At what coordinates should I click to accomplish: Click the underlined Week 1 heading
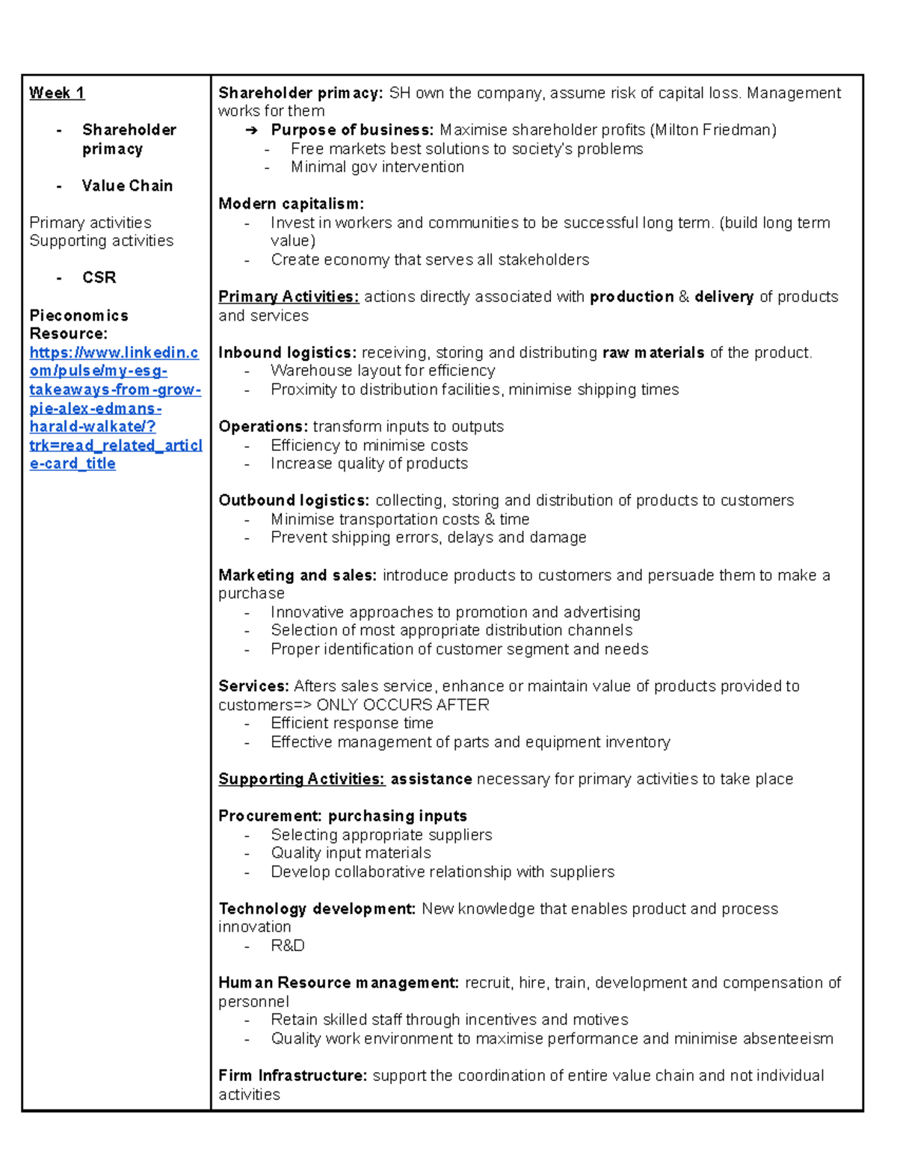pyautogui.click(x=57, y=93)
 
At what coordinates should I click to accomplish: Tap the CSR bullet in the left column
pyautogui.click(x=99, y=277)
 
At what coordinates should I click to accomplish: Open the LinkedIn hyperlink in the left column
pyautogui.click(x=114, y=407)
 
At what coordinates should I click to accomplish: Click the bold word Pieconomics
pyautogui.click(x=78, y=315)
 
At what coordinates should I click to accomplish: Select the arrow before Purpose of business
pyautogui.click(x=252, y=130)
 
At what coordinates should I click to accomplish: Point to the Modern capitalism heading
pyautogui.click(x=291, y=203)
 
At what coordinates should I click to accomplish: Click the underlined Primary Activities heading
pyautogui.click(x=289, y=297)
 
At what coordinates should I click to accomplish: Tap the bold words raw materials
pyautogui.click(x=653, y=352)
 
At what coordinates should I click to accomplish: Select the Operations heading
pyautogui.click(x=263, y=426)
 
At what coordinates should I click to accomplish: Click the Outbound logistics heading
pyautogui.click(x=294, y=500)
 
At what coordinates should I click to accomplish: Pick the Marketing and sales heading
pyautogui.click(x=298, y=575)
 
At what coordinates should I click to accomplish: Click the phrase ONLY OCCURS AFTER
pyautogui.click(x=403, y=705)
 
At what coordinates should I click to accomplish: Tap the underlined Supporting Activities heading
pyautogui.click(x=301, y=779)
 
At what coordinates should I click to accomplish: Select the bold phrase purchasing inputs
pyautogui.click(x=397, y=816)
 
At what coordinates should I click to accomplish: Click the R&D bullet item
pyautogui.click(x=288, y=946)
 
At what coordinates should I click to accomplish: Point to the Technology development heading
pyautogui.click(x=317, y=909)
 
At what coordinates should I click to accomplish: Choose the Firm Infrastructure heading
pyautogui.click(x=293, y=1076)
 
